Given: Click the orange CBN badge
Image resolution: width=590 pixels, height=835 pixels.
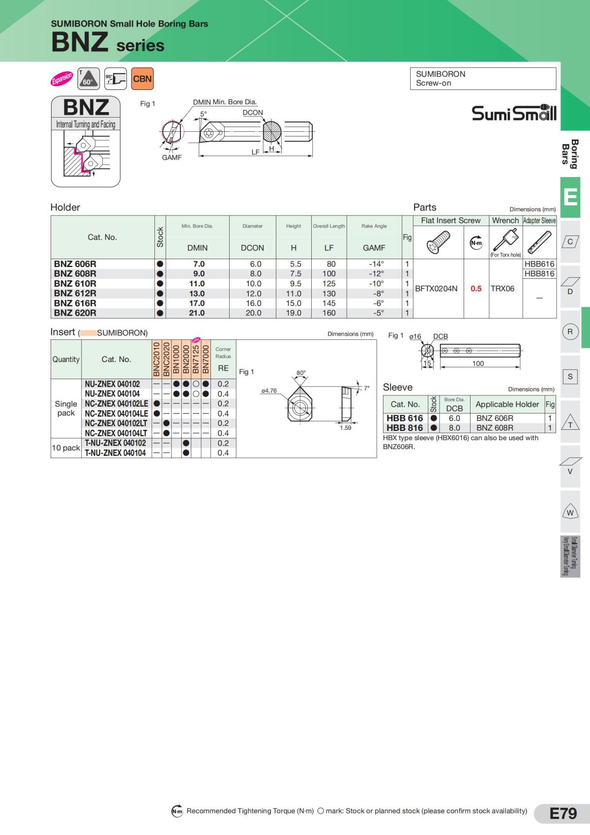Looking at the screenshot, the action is [143, 79].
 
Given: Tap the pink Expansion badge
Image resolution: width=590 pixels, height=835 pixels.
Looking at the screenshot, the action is [62, 78].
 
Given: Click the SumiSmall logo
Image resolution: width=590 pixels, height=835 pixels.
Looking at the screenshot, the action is [514, 112].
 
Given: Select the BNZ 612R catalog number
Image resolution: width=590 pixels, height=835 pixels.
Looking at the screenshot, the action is [75, 294].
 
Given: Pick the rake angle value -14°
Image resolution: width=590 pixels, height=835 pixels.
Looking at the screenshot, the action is [376, 264].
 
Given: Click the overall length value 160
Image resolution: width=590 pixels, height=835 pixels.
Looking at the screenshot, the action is [329, 313].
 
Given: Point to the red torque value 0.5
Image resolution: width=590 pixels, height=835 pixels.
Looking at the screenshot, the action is [476, 289].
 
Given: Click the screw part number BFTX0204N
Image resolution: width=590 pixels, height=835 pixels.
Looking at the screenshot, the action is [436, 289].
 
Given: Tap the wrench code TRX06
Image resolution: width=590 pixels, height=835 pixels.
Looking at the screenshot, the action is [502, 289].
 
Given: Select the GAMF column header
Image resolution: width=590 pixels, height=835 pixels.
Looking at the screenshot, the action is [374, 248].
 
